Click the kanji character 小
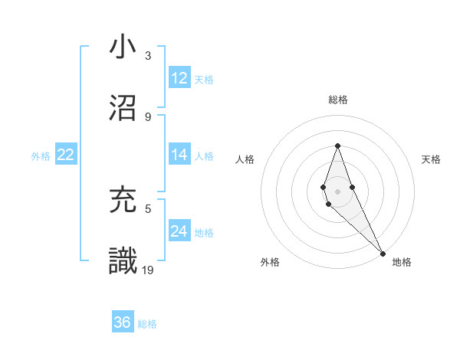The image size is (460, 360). tap(123, 47)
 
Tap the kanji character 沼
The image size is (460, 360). tap(123, 108)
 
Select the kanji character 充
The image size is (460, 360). tap(123, 200)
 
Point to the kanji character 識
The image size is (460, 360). tap(123, 261)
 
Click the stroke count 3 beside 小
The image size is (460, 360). tap(148, 56)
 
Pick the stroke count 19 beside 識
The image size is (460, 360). tap(149, 270)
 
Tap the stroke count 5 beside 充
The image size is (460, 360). tap(148, 208)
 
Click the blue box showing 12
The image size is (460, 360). tap(179, 78)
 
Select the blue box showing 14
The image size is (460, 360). tap(179, 155)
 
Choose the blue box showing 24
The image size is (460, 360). tap(179, 231)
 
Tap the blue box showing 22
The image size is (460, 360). tap(65, 155)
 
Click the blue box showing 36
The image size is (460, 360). tap(123, 322)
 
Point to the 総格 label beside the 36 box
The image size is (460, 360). tap(147, 324)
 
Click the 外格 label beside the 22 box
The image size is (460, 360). tap(41, 156)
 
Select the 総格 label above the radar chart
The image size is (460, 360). tap(338, 100)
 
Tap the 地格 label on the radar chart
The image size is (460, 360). tap(402, 263)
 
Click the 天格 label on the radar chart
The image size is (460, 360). tap(431, 159)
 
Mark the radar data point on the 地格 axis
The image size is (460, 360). tap(383, 253)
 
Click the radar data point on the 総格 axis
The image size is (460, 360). tap(338, 146)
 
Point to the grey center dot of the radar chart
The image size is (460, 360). tap(338, 191)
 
